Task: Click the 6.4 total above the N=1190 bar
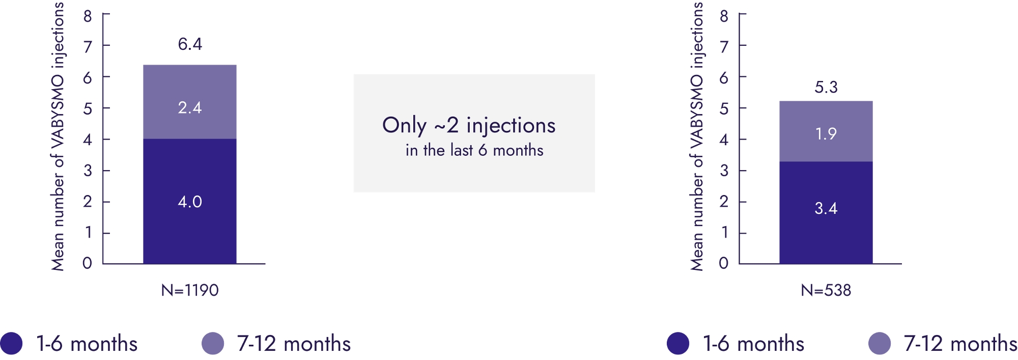(190, 44)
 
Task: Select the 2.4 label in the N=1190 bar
(190, 107)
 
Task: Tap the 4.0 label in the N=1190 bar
(190, 202)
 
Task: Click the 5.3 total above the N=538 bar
(826, 87)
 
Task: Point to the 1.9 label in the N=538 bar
(826, 133)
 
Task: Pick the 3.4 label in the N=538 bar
(826, 208)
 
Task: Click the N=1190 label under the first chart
(190, 290)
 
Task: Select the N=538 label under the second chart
(826, 290)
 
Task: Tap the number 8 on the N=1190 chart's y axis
(88, 16)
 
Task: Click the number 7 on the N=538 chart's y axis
(724, 47)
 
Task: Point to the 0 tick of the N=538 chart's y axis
(724, 263)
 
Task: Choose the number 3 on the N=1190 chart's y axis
(88, 171)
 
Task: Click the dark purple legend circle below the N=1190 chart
(11, 343)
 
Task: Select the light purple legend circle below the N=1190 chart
(213, 343)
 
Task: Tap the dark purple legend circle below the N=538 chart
(678, 343)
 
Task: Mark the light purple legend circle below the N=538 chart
(880, 343)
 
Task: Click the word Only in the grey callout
(405, 126)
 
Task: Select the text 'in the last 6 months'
(474, 150)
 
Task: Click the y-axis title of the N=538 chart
(696, 136)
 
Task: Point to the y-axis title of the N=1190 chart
(58, 136)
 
